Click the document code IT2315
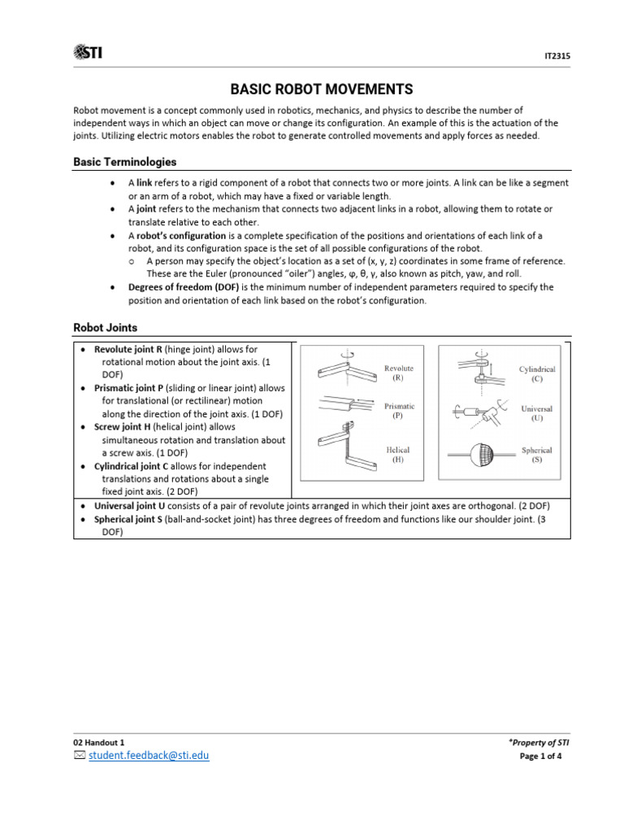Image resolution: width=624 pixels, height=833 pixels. [x=557, y=57]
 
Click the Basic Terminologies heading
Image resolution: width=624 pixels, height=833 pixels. [x=124, y=162]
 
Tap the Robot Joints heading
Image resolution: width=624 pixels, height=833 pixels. [x=106, y=327]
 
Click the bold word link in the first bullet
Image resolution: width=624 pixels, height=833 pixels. [x=145, y=183]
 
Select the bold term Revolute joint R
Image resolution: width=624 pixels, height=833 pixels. [x=128, y=348]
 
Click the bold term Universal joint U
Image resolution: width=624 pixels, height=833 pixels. [x=132, y=505]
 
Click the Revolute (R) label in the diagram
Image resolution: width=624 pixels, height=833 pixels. [x=398, y=373]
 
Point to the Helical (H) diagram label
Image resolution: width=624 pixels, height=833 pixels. [x=398, y=454]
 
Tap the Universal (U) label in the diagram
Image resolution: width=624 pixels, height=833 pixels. [x=536, y=413]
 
